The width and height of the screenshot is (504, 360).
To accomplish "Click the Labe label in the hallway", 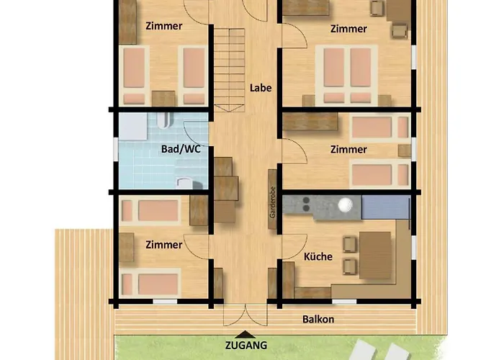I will click(x=260, y=88).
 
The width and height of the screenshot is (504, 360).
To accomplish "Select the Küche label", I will click(x=318, y=256).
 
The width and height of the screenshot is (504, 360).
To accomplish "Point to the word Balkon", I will click(x=318, y=320).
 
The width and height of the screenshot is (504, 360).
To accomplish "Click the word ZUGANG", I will click(x=246, y=345).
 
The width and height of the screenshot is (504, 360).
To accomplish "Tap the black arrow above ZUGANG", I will click(x=246, y=334).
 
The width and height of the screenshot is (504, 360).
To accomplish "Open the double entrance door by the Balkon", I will click(x=246, y=315).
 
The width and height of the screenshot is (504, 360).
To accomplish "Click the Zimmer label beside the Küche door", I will click(x=164, y=245).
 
